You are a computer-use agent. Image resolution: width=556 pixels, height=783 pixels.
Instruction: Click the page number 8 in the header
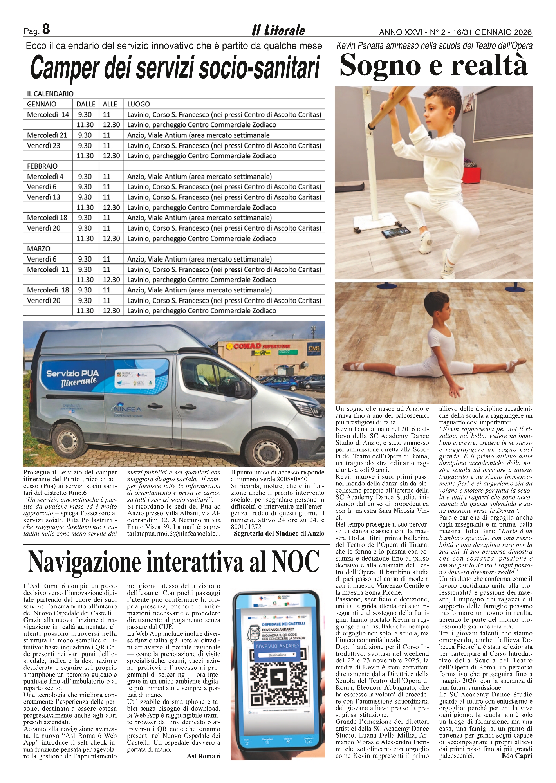[46, 29]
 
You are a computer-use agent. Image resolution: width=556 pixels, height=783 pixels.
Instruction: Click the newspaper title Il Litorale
[278, 30]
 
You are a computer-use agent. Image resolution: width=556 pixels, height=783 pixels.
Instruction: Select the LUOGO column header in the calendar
[139, 104]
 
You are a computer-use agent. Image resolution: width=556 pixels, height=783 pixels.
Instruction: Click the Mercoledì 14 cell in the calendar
[48, 115]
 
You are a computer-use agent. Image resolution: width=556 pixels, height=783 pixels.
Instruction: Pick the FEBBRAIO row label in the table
[42, 166]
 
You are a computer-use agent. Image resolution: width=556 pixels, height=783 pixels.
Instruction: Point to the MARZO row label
[39, 249]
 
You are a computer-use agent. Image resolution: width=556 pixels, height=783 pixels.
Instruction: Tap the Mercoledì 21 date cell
[47, 135]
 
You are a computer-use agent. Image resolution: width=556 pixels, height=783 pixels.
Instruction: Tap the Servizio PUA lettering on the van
[72, 373]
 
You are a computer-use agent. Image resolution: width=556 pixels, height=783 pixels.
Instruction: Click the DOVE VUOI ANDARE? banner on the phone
[277, 646]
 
